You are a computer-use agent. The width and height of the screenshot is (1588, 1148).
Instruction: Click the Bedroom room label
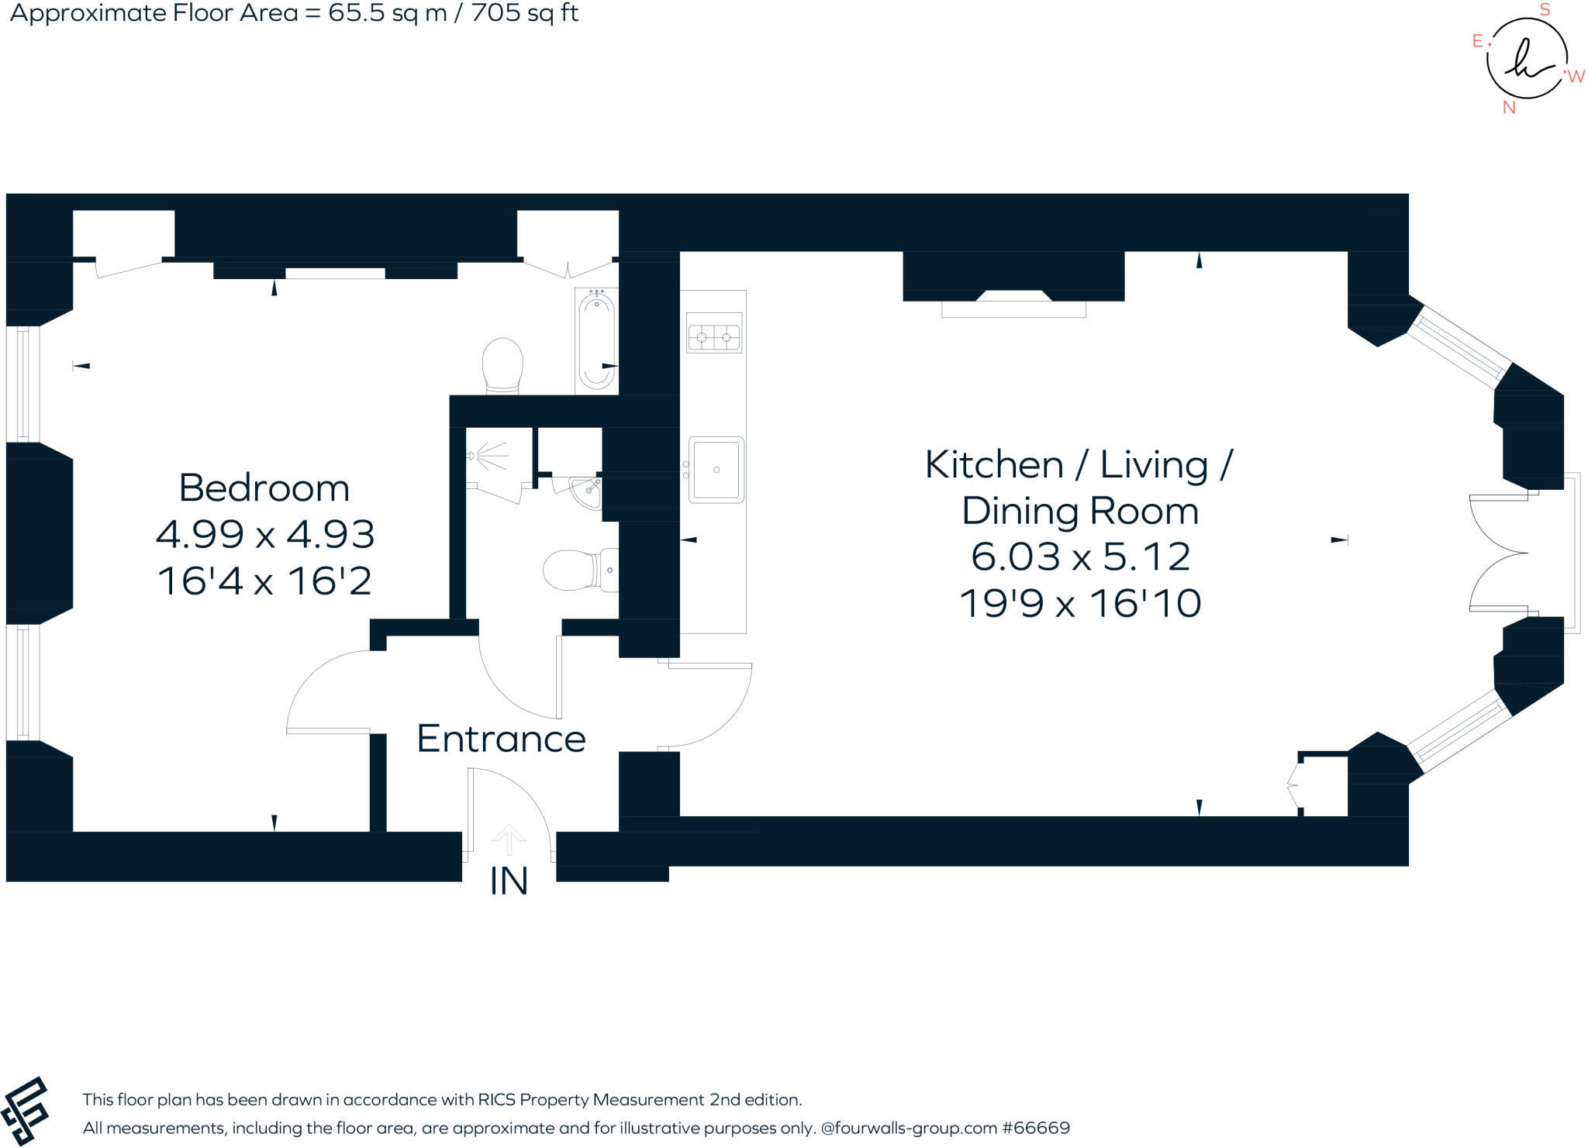tap(264, 488)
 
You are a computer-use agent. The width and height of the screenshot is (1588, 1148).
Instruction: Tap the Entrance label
tap(501, 739)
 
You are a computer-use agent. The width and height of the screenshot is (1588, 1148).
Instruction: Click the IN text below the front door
tap(509, 881)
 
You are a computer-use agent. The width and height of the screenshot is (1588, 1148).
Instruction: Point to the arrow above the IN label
tap(509, 839)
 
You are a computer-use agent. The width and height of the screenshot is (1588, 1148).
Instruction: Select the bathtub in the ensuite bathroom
tap(596, 341)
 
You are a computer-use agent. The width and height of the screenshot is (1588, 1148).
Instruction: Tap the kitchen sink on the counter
tap(716, 470)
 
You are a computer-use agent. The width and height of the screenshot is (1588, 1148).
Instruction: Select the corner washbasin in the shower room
tap(587, 491)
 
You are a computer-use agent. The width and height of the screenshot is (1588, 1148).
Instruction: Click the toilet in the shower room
tap(578, 570)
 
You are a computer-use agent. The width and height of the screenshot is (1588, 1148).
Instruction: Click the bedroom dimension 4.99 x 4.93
tap(265, 534)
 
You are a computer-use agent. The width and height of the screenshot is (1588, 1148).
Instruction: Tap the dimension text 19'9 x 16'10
tap(1080, 603)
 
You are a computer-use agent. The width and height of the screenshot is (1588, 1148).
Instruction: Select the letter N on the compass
tap(1509, 109)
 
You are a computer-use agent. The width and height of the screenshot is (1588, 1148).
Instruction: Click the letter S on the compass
tap(1545, 10)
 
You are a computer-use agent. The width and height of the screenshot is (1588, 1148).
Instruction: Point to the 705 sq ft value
tap(524, 13)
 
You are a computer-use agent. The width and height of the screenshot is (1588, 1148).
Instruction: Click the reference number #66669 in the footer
tap(1036, 1128)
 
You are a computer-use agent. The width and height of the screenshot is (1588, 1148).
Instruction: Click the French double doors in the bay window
tap(1498, 553)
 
